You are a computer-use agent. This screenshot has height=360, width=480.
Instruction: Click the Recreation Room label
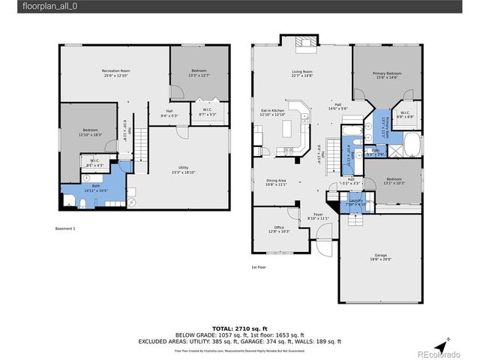(x=115, y=73)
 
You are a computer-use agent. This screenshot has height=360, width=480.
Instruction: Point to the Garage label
(x=378, y=256)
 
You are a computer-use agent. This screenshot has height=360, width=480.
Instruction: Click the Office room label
(x=278, y=229)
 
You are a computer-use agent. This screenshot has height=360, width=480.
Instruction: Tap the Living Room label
(x=302, y=73)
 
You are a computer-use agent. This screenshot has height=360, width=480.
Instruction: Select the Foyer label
(x=319, y=215)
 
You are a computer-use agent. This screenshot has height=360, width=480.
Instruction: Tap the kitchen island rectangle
(x=288, y=131)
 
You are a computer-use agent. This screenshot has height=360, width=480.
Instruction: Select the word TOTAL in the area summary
(x=223, y=329)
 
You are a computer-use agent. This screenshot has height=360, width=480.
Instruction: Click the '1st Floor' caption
(x=259, y=267)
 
